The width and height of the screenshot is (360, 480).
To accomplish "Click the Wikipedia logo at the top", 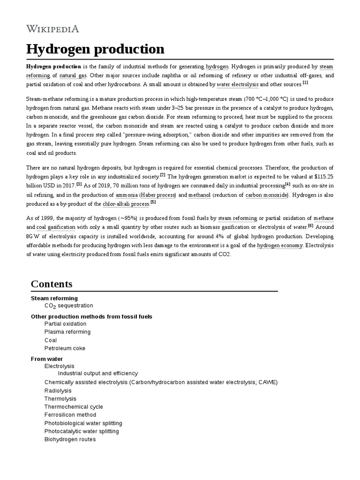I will pyautogui.click(x=52, y=29).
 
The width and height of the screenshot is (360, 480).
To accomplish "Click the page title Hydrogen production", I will pyautogui.click(x=95, y=49).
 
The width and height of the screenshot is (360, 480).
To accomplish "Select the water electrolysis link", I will pyautogui.click(x=237, y=84).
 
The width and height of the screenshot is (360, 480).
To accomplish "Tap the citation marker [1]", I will pyautogui.click(x=305, y=82).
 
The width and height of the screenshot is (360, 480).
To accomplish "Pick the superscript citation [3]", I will pyautogui.click(x=79, y=184).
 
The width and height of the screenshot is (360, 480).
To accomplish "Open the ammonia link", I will pyautogui.click(x=127, y=195).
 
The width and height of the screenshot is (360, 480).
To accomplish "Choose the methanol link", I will pyautogui.click(x=199, y=195).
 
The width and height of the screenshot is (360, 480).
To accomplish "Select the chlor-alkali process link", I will pyautogui.click(x=126, y=204).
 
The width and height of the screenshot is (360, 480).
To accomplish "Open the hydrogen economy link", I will pyautogui.click(x=280, y=246).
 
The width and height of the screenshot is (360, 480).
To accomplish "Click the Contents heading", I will pyautogui.click(x=52, y=284).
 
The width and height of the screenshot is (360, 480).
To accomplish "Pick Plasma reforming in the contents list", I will pyautogui.click(x=67, y=332).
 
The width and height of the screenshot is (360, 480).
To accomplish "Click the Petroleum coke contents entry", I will pyautogui.click(x=65, y=348).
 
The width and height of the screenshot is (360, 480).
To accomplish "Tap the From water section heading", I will pyautogui.click(x=47, y=359).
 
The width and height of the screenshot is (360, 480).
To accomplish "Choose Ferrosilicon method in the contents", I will pyautogui.click(x=70, y=415).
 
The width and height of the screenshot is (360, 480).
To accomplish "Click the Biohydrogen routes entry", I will pyautogui.click(x=70, y=439).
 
